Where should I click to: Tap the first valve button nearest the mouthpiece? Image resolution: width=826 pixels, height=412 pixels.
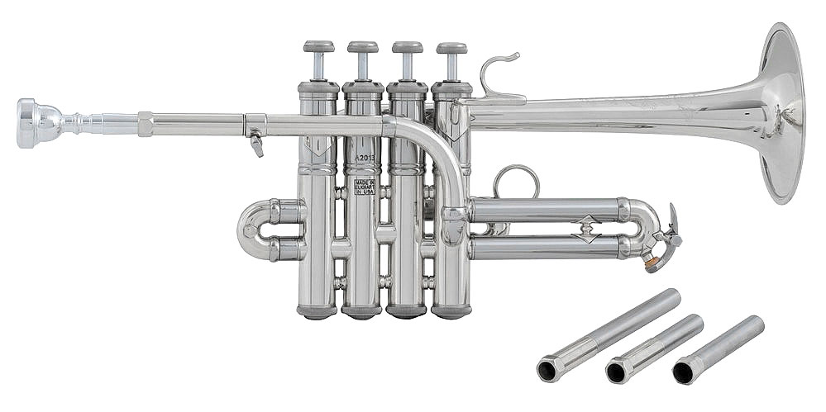(318, 47)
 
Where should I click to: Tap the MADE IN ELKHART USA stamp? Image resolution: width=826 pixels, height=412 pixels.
(364, 186)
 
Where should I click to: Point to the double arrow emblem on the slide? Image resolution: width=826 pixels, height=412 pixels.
(585, 229)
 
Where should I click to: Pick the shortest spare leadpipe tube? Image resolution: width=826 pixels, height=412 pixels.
(717, 348)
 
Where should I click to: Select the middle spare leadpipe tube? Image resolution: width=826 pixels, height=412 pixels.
(653, 347)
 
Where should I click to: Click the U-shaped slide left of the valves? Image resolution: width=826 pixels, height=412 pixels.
(256, 229)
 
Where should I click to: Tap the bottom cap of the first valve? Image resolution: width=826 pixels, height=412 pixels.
(318, 311)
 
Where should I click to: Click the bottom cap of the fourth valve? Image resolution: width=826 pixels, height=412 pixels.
(451, 311)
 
